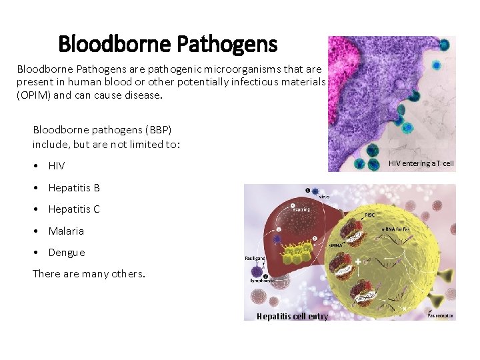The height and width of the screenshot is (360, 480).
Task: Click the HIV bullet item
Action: pyautogui.click(x=57, y=166)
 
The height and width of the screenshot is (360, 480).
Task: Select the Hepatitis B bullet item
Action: pyautogui.click(x=74, y=188)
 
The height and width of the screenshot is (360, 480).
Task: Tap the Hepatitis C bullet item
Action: pyautogui.click(x=74, y=209)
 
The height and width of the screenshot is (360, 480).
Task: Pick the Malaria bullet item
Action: pyautogui.click(x=66, y=231)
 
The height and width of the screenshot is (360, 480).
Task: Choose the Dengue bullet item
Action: pyautogui.click(x=67, y=253)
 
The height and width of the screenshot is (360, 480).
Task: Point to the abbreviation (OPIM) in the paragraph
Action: pyautogui.click(x=35, y=95)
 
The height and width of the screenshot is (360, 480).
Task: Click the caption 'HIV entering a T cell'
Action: pyautogui.click(x=421, y=163)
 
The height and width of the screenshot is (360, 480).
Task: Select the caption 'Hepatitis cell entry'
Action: pyautogui.click(x=292, y=316)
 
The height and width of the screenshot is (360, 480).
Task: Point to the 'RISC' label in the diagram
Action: pyautogui.click(x=369, y=215)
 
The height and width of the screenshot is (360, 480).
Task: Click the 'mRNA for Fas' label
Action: pyautogui.click(x=396, y=229)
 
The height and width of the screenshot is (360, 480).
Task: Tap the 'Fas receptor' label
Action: pyautogui.click(x=441, y=315)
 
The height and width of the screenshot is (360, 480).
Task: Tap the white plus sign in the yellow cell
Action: pyautogui.click(x=359, y=262)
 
